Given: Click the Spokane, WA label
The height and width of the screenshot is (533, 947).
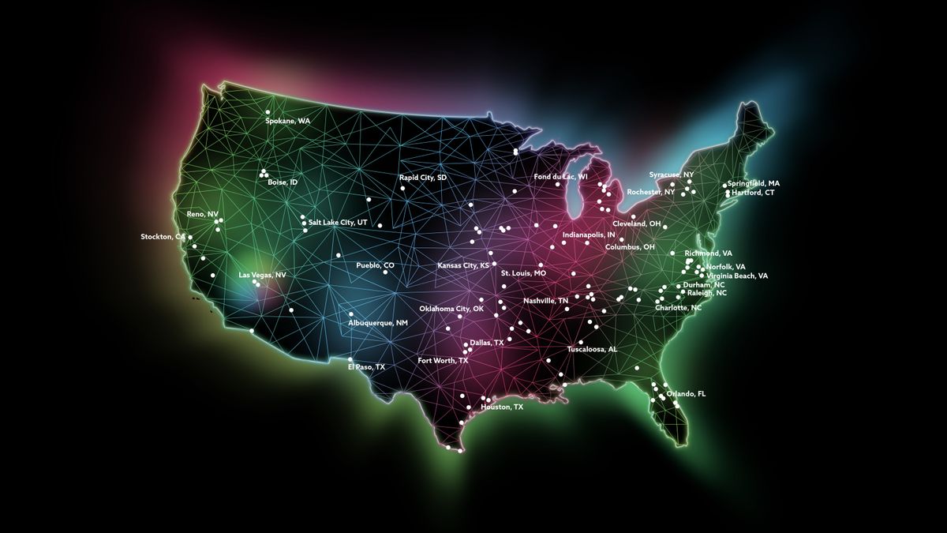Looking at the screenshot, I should click(287, 121).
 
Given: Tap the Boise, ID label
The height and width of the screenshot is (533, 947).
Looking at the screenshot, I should click(283, 182).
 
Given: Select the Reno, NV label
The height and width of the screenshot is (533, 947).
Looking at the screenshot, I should click(202, 214).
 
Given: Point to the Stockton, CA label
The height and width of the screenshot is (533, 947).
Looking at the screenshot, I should click(163, 236).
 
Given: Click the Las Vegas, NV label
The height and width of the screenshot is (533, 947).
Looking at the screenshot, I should click(262, 275).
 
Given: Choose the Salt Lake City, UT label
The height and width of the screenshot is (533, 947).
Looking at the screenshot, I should click(338, 223).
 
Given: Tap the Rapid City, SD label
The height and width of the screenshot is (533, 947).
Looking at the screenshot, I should click(422, 178).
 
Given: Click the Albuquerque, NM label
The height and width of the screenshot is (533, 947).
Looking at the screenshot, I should click(378, 323).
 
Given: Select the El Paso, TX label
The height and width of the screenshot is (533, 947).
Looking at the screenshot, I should click(366, 367).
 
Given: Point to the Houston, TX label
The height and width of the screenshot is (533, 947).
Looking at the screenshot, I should click(502, 407).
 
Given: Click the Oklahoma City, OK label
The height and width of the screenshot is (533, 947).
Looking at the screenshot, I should click(451, 308).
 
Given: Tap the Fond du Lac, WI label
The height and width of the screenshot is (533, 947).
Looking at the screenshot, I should click(560, 176).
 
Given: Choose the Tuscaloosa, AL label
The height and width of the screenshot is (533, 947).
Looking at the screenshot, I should click(592, 348).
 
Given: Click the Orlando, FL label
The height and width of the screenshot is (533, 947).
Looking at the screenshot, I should click(686, 393).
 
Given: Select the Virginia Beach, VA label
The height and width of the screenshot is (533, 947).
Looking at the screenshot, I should click(737, 276).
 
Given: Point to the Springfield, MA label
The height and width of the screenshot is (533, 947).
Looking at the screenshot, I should click(753, 183).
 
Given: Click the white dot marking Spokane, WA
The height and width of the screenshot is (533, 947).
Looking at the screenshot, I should click(268, 111).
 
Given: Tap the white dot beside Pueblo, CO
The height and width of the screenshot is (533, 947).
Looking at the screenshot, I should click(385, 272).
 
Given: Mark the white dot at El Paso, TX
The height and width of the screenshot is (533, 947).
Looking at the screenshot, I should click(350, 359).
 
